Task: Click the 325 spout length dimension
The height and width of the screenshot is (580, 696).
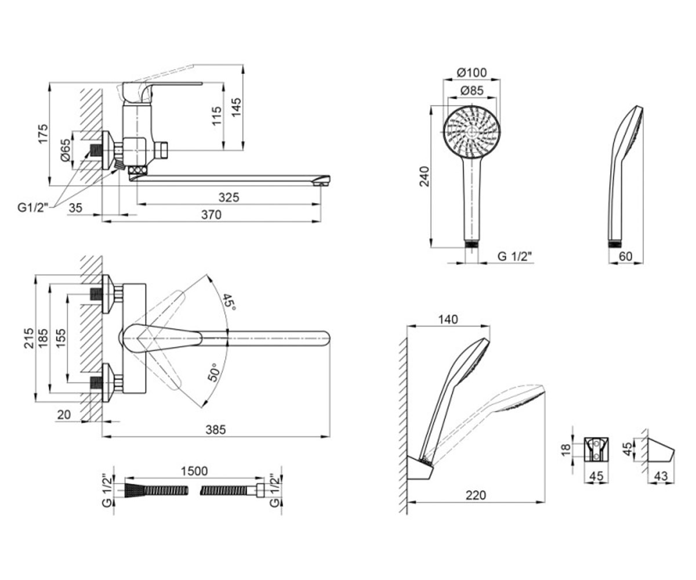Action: [x=229, y=197]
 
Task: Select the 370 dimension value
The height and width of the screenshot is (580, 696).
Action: [x=211, y=215]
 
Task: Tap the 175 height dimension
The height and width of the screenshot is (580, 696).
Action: [x=43, y=134]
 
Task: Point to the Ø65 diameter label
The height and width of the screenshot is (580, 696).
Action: [x=66, y=150]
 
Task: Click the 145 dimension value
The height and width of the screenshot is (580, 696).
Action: [x=236, y=107]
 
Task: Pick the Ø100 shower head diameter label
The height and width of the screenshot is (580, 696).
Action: [x=472, y=72]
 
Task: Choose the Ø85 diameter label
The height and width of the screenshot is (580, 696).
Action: [x=472, y=90]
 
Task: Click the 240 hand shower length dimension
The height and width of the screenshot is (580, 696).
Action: [x=425, y=177]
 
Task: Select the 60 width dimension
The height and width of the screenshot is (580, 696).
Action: [x=625, y=256]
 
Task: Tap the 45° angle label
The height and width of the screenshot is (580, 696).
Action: [x=229, y=302]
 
